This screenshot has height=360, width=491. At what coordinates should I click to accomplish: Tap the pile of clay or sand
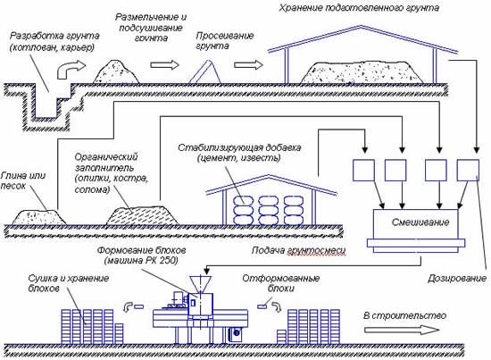pos(35,213)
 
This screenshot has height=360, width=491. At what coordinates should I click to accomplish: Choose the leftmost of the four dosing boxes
pos(361,170)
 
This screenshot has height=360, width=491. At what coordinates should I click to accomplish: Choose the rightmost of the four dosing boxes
pos(467,170)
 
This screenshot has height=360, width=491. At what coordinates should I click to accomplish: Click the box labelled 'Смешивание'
pos(415,221)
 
